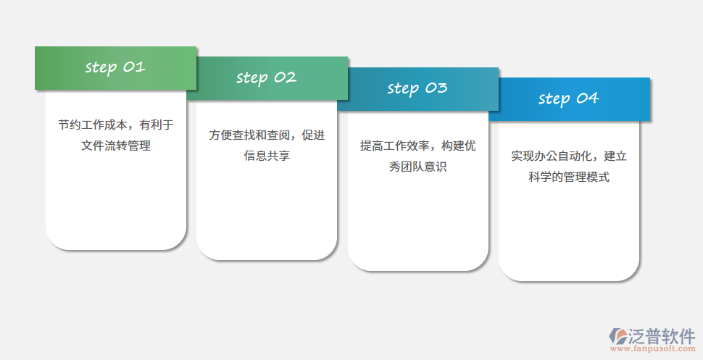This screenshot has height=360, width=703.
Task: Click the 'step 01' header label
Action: click(115, 67)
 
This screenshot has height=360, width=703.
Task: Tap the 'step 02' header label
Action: click(267, 78)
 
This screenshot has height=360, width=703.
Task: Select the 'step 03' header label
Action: click(417, 88)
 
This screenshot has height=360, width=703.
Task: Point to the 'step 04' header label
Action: click(569, 99)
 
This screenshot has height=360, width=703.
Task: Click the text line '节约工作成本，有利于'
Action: click(116, 125)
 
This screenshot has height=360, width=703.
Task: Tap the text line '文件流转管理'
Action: click(116, 146)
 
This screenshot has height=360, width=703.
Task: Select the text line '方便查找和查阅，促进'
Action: click(267, 135)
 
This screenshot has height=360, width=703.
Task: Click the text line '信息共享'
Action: click(267, 156)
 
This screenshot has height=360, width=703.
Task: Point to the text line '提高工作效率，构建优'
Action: click(418, 146)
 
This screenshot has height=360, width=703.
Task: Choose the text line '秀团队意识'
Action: click(418, 167)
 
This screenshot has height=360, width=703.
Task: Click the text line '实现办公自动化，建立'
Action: click(569, 156)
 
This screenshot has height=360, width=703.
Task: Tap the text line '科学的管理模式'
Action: click(569, 177)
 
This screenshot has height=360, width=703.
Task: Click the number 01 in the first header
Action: click(134, 67)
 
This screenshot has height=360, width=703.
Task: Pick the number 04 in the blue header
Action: click(588, 98)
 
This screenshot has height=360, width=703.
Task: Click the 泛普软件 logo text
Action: click(662, 335)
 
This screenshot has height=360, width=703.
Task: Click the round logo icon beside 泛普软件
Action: click(618, 335)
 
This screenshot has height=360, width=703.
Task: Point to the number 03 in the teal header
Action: click(436, 88)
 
